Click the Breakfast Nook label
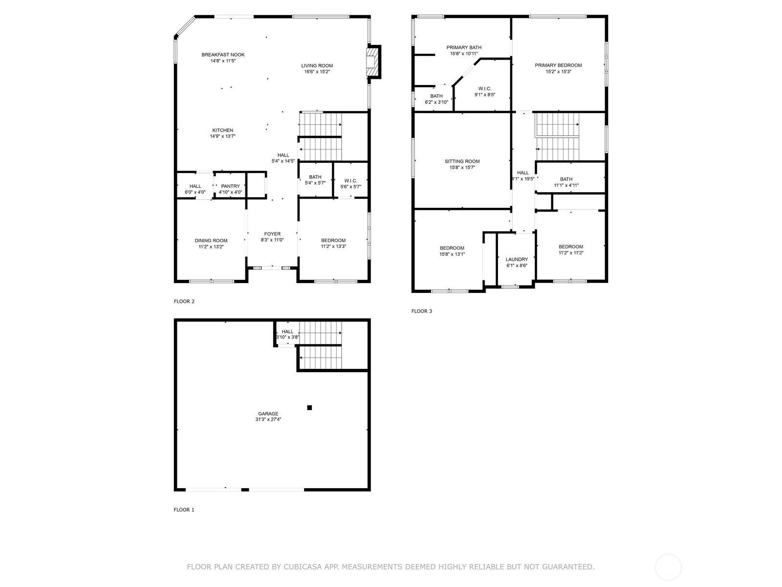pyautogui.click(x=223, y=55)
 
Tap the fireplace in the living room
pyautogui.click(x=373, y=61)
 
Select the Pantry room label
pyautogui.click(x=230, y=186)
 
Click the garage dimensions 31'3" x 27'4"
pyautogui.click(x=268, y=419)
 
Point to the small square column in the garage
pyautogui.click(x=309, y=407)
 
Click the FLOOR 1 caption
pyautogui.click(x=184, y=510)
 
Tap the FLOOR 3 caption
pyautogui.click(x=421, y=311)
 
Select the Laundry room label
pyautogui.click(x=517, y=260)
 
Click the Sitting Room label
pyautogui.click(x=462, y=161)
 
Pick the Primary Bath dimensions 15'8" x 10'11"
pyautogui.click(x=464, y=54)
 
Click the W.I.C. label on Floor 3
pyautogui.click(x=485, y=89)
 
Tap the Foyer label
pyautogui.click(x=272, y=234)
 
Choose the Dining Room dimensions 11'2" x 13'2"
pyautogui.click(x=211, y=247)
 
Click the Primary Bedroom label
pyautogui.click(x=558, y=66)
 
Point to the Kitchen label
pyautogui.click(x=222, y=131)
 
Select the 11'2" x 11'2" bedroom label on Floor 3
pyautogui.click(x=571, y=247)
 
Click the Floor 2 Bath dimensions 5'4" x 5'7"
pyautogui.click(x=315, y=183)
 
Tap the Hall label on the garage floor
pyautogui.click(x=287, y=332)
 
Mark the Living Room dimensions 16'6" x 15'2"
pyautogui.click(x=317, y=72)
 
